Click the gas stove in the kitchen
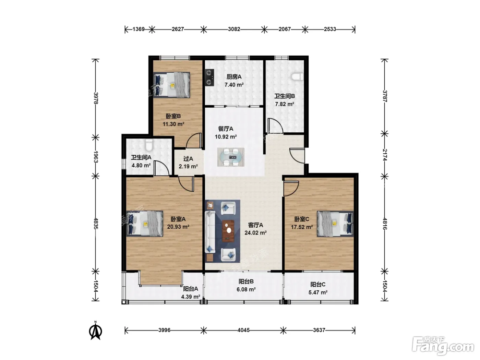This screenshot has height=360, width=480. [209, 77]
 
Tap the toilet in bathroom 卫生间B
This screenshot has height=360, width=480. [297, 77]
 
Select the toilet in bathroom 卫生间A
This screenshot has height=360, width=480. [149, 145]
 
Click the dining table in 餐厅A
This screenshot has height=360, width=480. [231, 157]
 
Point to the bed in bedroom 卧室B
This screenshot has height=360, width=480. [171, 85]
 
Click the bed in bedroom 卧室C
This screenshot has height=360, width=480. [335, 224]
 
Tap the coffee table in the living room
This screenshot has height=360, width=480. [228, 231]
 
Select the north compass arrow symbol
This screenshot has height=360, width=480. [96, 331]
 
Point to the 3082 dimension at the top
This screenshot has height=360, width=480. [234, 29]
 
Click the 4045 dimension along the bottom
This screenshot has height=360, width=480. [243, 330]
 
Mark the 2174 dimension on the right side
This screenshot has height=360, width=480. [385, 155]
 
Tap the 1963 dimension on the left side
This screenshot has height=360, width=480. [96, 157]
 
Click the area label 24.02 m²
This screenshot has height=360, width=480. [255, 233]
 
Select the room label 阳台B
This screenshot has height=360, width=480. [246, 281]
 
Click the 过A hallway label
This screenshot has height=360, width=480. [188, 159]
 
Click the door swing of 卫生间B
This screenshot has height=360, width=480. [275, 125]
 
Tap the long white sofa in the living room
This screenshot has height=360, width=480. [210, 232]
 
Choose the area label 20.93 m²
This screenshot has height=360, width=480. [178, 227]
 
